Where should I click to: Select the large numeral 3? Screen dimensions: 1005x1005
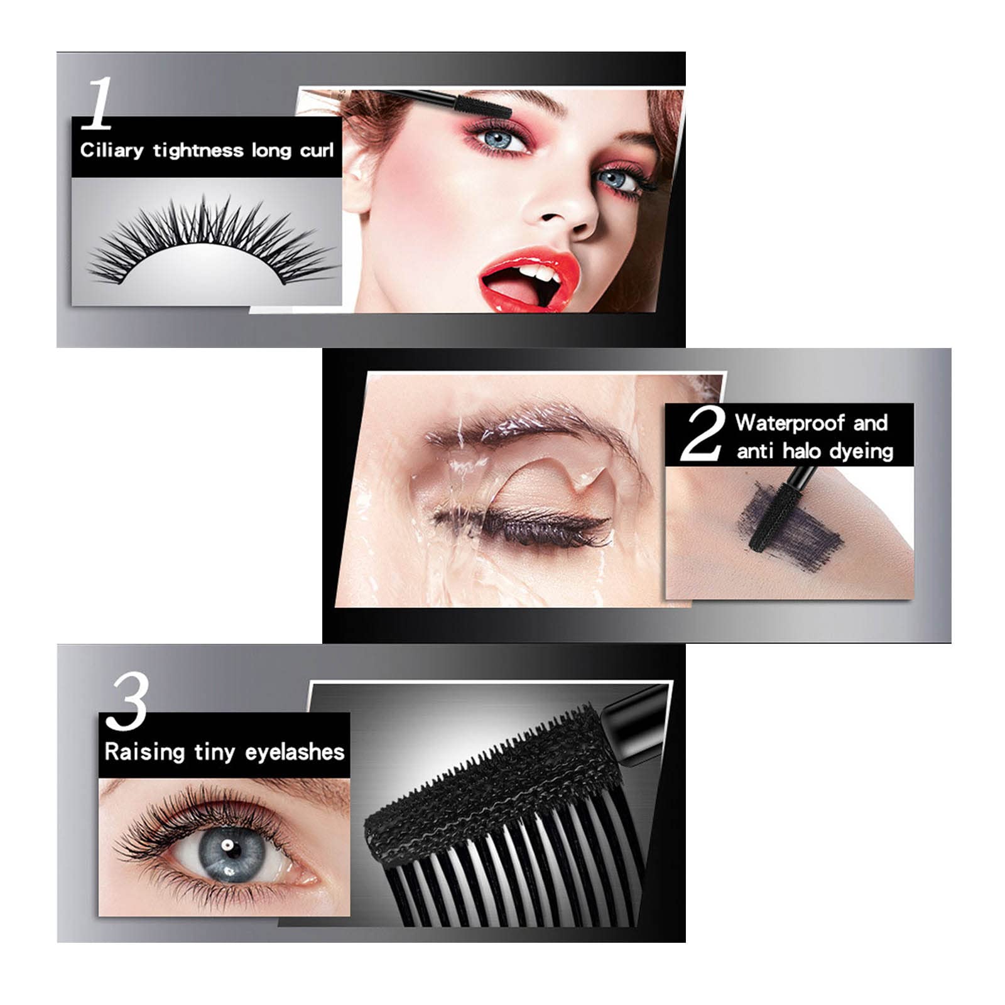pos(127,701)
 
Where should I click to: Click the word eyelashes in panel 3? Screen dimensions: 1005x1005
pos(295,752)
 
